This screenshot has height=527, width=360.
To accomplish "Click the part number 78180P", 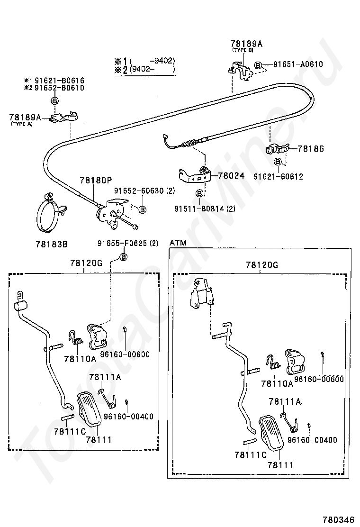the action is (x=96, y=180).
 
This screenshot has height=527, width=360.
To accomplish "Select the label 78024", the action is (x=231, y=175).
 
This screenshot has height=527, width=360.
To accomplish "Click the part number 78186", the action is (x=311, y=148).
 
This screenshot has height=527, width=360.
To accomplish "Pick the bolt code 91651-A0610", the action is (x=298, y=64).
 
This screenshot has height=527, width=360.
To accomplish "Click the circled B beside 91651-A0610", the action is (x=258, y=65).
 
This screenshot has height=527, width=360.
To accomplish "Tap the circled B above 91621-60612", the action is (x=278, y=162).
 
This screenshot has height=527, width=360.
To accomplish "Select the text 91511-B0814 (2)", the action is (x=205, y=209).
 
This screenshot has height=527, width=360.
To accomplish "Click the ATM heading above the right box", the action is (x=178, y=243).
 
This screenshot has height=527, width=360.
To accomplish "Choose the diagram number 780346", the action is (x=339, y=519).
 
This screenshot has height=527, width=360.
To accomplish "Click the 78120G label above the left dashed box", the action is (x=86, y=263).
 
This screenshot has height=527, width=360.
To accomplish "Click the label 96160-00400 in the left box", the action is (x=129, y=417).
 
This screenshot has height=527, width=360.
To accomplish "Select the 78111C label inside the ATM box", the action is (x=251, y=455).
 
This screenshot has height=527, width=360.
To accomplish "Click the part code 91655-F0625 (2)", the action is (x=128, y=243).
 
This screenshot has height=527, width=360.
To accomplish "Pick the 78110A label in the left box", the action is (x=80, y=359).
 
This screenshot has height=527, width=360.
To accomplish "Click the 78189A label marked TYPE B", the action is (x=246, y=44).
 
